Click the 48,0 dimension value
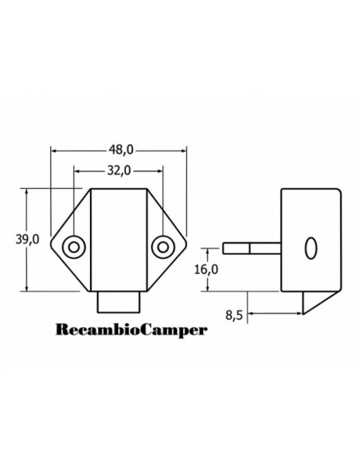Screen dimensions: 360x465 [121, 150]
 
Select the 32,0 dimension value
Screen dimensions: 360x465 [119, 170]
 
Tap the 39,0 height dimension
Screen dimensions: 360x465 [27, 239]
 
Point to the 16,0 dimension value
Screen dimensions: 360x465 [206, 269]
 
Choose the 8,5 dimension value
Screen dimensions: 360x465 [234, 315]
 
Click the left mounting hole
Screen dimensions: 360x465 [74, 247]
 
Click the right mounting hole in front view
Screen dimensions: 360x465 [162, 247]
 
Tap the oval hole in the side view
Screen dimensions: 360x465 [311, 248]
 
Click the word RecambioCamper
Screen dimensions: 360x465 [131, 330]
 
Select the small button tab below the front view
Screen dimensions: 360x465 [119, 302]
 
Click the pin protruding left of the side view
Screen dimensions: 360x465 [252, 248]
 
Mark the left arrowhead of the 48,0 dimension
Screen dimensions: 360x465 [54, 150]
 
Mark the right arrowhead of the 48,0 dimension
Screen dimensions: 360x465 [183, 150]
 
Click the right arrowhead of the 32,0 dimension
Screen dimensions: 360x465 [160, 171]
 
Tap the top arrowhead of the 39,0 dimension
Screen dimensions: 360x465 [27, 192]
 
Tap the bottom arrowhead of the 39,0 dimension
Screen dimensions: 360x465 [27, 288]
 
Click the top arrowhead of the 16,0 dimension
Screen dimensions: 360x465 [208, 252]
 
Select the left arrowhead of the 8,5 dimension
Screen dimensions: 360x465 [251, 313]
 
